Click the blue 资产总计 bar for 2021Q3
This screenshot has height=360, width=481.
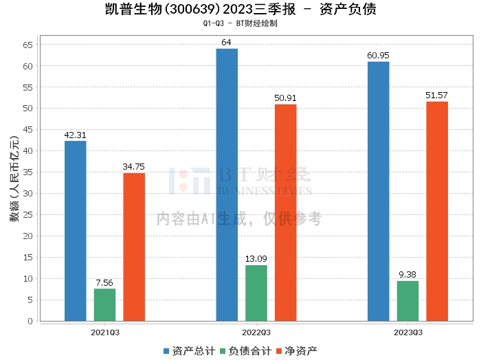76,231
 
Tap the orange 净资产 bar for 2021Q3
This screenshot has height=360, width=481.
134,247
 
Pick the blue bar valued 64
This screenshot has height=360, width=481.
227,185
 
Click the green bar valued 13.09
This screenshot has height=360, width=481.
256,293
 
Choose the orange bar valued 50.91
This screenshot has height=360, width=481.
286,212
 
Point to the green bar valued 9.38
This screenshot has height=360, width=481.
407,301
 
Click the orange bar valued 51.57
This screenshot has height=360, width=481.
437,211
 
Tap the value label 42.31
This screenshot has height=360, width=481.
76,135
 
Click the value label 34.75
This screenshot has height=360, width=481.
134,167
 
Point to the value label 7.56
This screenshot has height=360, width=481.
105,282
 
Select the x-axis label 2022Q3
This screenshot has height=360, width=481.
256,333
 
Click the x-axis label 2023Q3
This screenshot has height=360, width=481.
407,333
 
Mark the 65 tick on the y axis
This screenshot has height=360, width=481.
27,45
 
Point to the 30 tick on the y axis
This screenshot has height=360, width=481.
27,194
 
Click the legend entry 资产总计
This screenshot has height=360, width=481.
188,350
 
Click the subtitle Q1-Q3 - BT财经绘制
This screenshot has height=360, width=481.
240,23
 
